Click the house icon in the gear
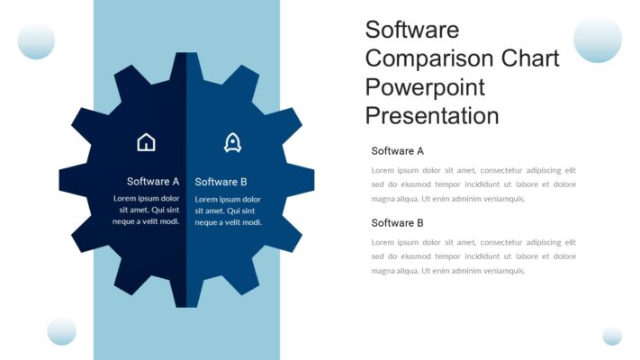146,142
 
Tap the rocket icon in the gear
232,142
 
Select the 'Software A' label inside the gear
153,181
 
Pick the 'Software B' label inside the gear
221,181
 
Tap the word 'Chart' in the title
530,58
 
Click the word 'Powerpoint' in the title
425,87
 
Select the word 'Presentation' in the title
431,116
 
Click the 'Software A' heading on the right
397,150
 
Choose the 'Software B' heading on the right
397,222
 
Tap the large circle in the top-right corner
598,39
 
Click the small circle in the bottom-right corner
612,336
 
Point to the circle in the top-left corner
36,40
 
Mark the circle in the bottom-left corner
61,330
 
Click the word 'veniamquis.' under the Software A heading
501,199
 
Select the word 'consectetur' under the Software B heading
503,242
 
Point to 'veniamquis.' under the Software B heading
501,271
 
